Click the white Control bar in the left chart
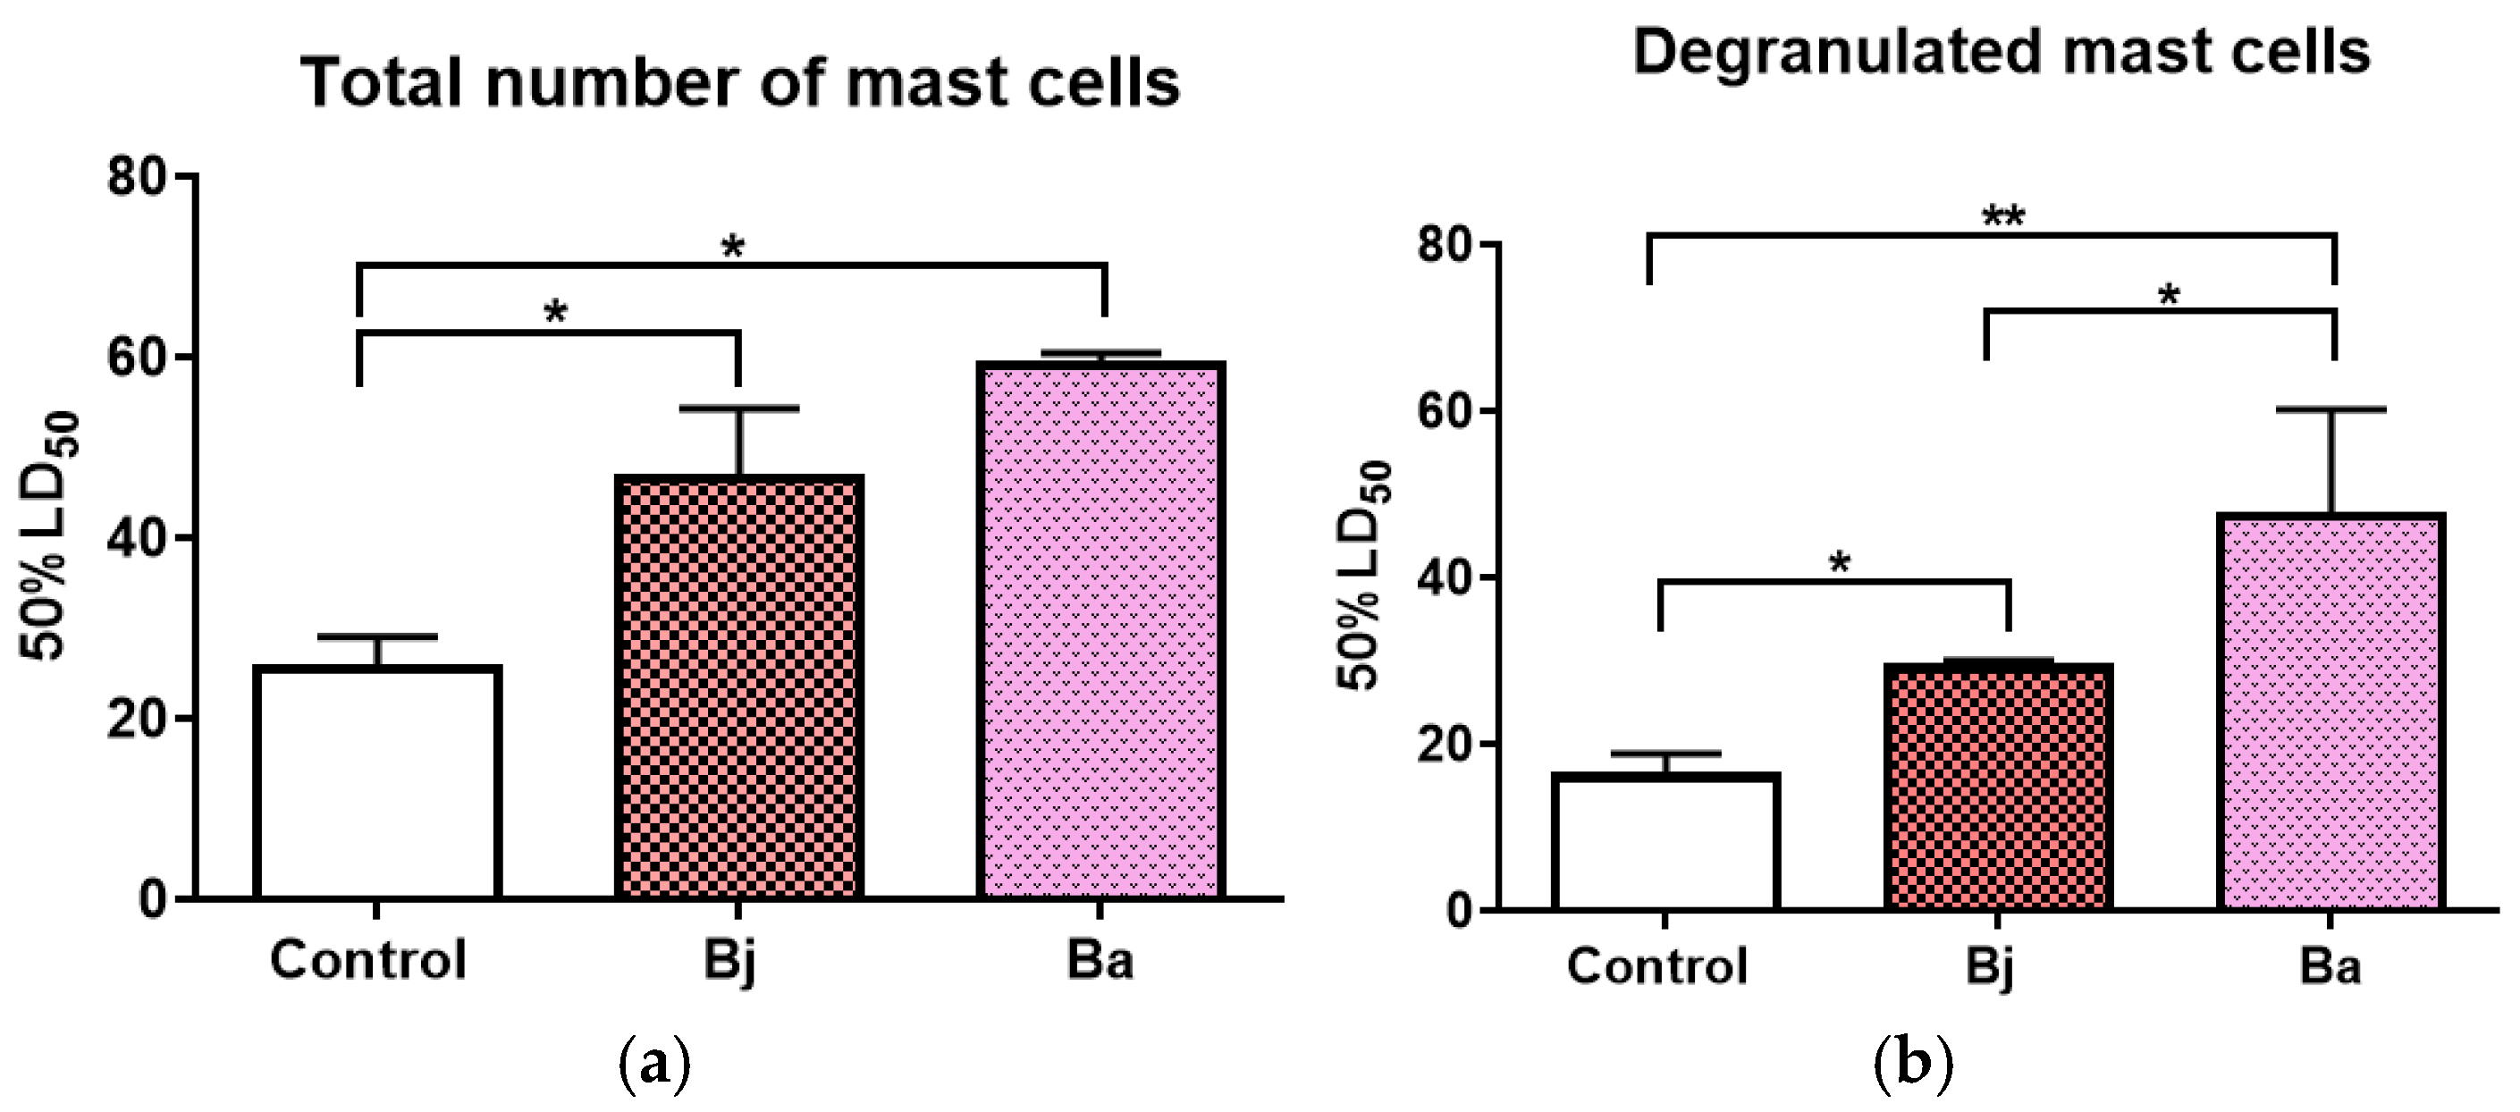pos(377,782)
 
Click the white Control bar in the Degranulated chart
pos(1665,842)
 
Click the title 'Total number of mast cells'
pos(739,82)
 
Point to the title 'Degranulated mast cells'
pos(2001,51)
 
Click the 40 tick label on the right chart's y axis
pos(1445,577)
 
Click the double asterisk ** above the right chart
pos(2002,216)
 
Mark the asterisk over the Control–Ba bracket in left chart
pos(733,247)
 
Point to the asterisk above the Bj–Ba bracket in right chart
pos(2168,294)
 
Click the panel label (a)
pos(654,1067)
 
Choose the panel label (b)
pos(1912,1067)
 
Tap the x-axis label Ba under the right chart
pos(2330,966)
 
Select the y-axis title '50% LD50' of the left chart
pos(49,536)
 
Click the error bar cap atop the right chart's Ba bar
pos(2331,409)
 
